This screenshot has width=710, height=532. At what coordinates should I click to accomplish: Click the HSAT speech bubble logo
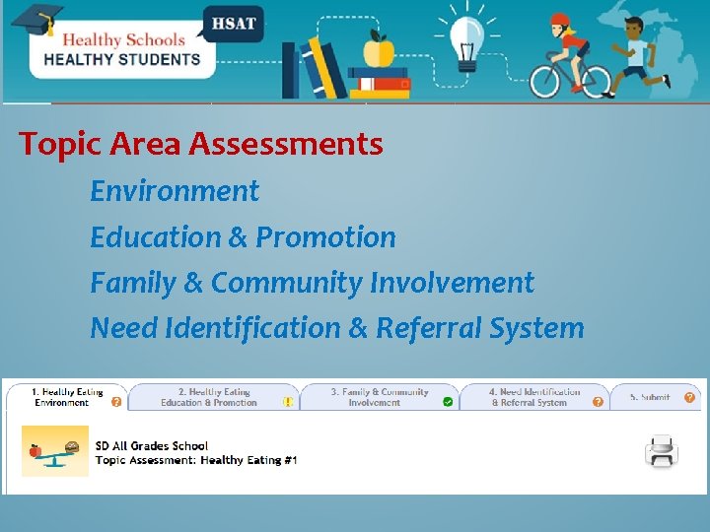[233, 23]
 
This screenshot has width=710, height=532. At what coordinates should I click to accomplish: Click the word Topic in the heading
[60, 145]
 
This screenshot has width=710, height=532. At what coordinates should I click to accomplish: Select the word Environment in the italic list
[175, 191]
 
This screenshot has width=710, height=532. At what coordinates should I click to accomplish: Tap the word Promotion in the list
[325, 237]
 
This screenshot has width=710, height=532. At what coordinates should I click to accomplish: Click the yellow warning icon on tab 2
[288, 402]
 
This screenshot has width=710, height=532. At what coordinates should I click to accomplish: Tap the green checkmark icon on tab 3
[448, 402]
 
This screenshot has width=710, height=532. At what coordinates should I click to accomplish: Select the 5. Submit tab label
[650, 397]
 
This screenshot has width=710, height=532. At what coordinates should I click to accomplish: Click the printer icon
[661, 451]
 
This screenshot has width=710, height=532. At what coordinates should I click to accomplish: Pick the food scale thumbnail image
[55, 452]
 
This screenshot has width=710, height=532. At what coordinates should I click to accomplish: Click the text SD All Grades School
[152, 446]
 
